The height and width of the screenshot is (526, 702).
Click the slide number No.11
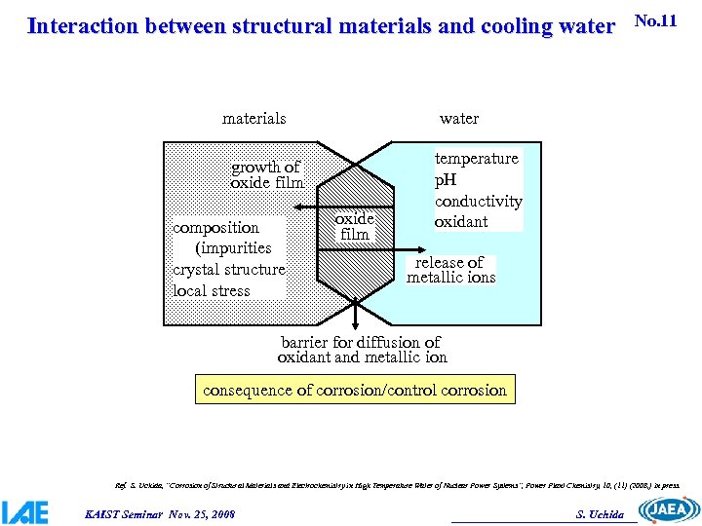tap(655, 20)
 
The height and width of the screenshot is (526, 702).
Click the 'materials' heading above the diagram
tap(253, 119)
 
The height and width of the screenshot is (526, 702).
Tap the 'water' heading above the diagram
tap(459, 119)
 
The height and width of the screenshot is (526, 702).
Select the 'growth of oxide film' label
tap(266, 175)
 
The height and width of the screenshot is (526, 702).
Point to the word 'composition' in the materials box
tap(215, 228)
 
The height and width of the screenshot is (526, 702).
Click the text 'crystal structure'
tap(229, 270)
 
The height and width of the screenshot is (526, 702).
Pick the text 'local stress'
tap(212, 290)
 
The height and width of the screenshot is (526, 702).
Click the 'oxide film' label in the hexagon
tap(354, 227)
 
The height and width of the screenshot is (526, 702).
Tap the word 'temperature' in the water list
tap(476, 159)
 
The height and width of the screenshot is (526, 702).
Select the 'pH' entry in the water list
tap(446, 180)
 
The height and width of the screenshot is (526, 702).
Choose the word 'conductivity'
tap(478, 202)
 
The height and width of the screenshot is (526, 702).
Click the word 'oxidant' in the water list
tap(461, 222)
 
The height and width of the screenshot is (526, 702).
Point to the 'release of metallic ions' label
tap(450, 270)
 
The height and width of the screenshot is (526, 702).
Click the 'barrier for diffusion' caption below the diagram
tap(361, 350)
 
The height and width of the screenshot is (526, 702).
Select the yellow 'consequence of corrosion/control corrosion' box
tap(355, 390)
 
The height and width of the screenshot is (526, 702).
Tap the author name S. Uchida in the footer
tap(600, 514)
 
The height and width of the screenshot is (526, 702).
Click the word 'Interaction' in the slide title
tap(82, 26)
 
